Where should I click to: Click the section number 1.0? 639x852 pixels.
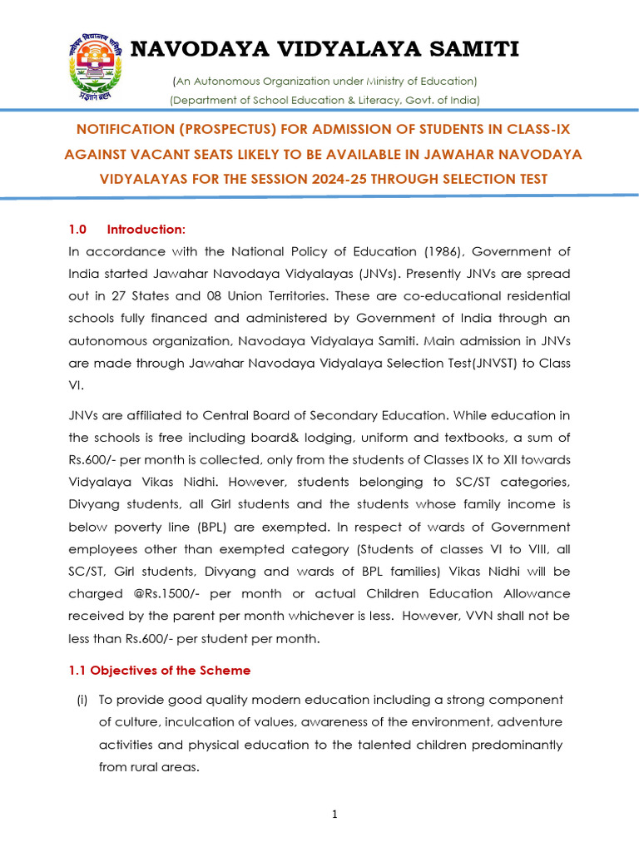77,230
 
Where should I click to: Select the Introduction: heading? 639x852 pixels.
146,230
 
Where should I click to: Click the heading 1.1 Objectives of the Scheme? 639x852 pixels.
159,670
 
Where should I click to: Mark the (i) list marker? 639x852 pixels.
82,700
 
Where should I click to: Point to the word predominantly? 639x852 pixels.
520,745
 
